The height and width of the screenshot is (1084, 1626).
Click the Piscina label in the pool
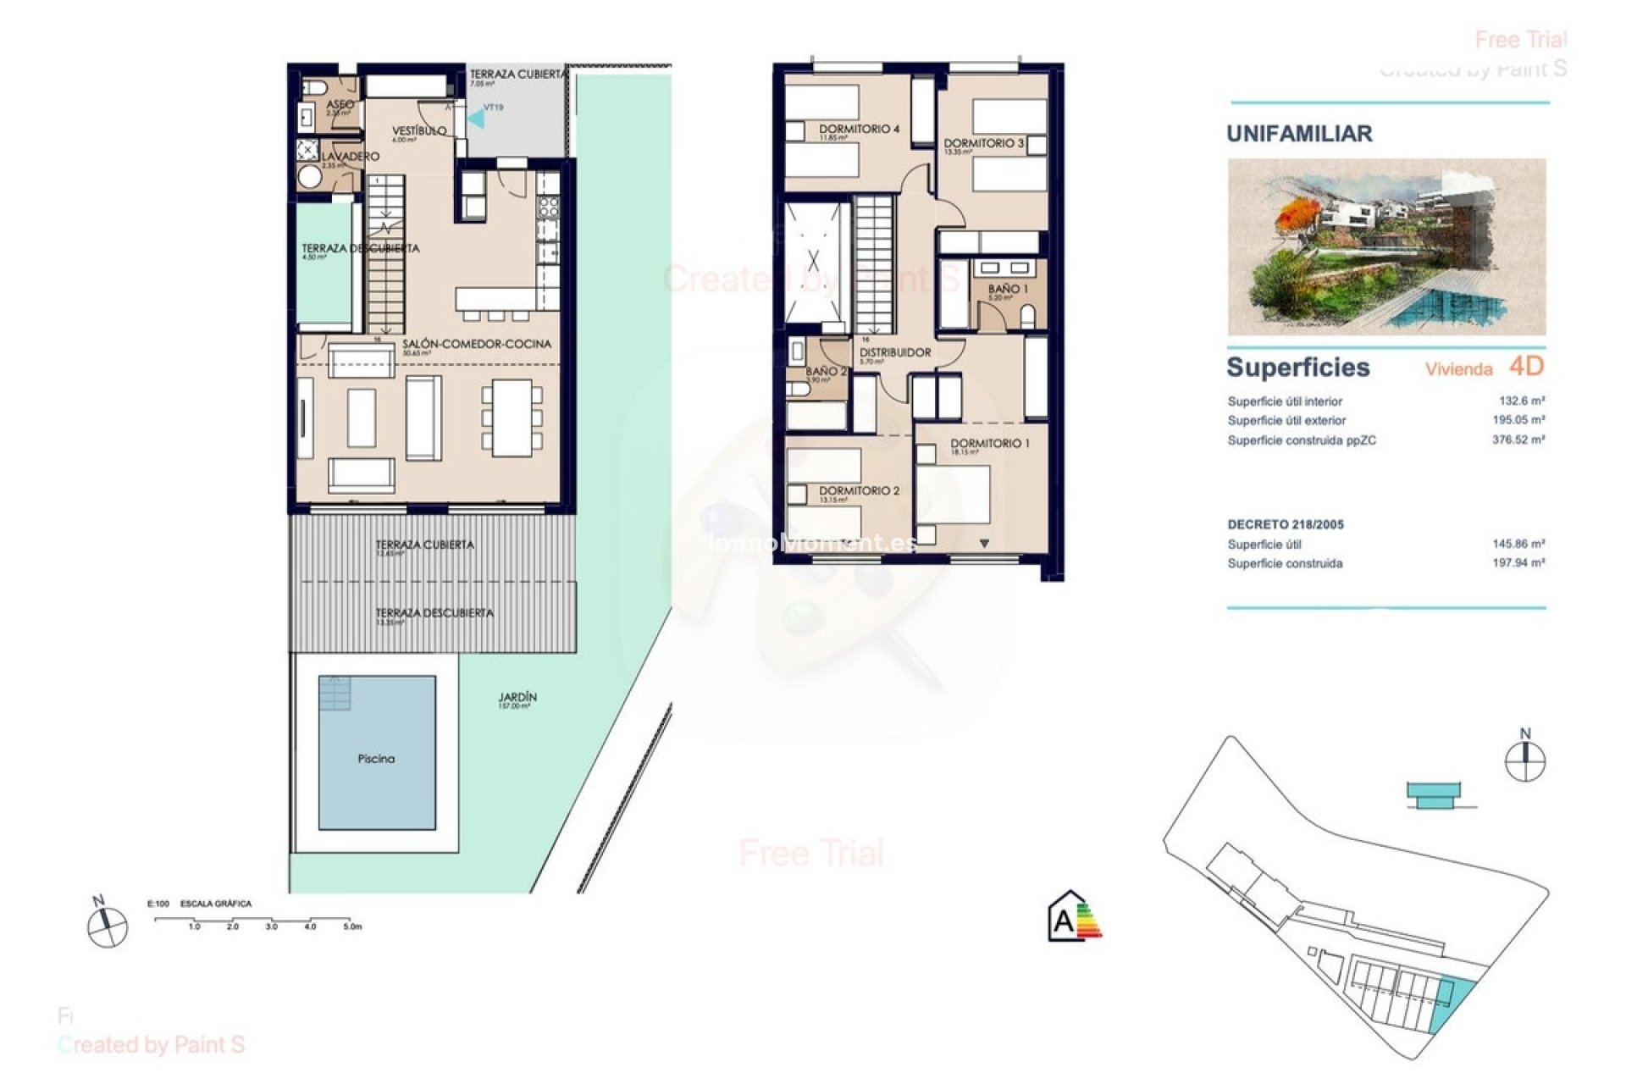pos(376,759)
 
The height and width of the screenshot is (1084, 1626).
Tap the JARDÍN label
pos(517,698)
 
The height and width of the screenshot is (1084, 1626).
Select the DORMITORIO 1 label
pos(989,443)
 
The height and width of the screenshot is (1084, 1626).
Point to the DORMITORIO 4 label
pos(859,129)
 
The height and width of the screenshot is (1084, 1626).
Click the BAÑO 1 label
pos(1007,289)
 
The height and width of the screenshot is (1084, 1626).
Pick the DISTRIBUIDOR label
pos(894,352)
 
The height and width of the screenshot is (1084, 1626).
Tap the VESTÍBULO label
pos(418,131)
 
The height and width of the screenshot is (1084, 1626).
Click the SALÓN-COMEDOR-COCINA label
pos(476,344)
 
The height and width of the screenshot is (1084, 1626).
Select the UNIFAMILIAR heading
pos(1299,134)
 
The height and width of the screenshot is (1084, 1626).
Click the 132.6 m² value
pos(1521,401)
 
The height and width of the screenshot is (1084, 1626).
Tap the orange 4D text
pos(1526,367)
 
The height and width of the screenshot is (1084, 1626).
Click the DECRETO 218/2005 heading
pos(1285,524)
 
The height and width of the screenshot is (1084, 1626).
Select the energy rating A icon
pos(1074,917)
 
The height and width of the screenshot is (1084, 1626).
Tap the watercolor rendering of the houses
pos(1386,246)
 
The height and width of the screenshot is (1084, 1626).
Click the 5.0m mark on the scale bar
pos(351,926)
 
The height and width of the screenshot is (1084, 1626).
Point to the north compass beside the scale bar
pos(107,925)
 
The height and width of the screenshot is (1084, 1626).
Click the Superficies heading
pos(1297,368)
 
